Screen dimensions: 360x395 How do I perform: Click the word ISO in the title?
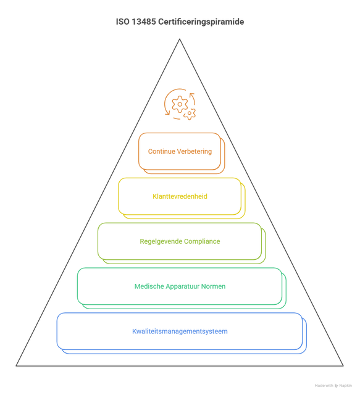pos(122,22)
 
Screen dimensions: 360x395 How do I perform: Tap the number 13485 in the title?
pos(144,22)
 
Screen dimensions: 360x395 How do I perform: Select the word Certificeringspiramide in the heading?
pos(201,22)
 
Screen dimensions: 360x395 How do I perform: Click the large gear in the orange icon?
pos(180,104)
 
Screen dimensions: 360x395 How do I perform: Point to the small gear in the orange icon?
pos(190,114)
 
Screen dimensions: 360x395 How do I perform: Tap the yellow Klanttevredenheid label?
pos(180,196)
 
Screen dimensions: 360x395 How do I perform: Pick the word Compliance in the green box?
pos(202,241)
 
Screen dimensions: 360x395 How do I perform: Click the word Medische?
pos(149,286)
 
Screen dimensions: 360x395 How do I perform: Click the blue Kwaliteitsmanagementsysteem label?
pos(180,331)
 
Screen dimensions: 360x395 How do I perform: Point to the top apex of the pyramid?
pos(180,39)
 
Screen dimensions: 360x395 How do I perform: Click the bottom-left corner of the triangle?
pos(16,366)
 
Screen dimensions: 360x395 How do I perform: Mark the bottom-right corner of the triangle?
pos(343,366)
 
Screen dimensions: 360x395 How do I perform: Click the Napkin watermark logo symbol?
pos(336,386)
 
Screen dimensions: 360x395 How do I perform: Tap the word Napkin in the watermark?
pos(345,386)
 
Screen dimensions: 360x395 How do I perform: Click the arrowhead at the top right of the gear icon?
pos(192,94)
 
